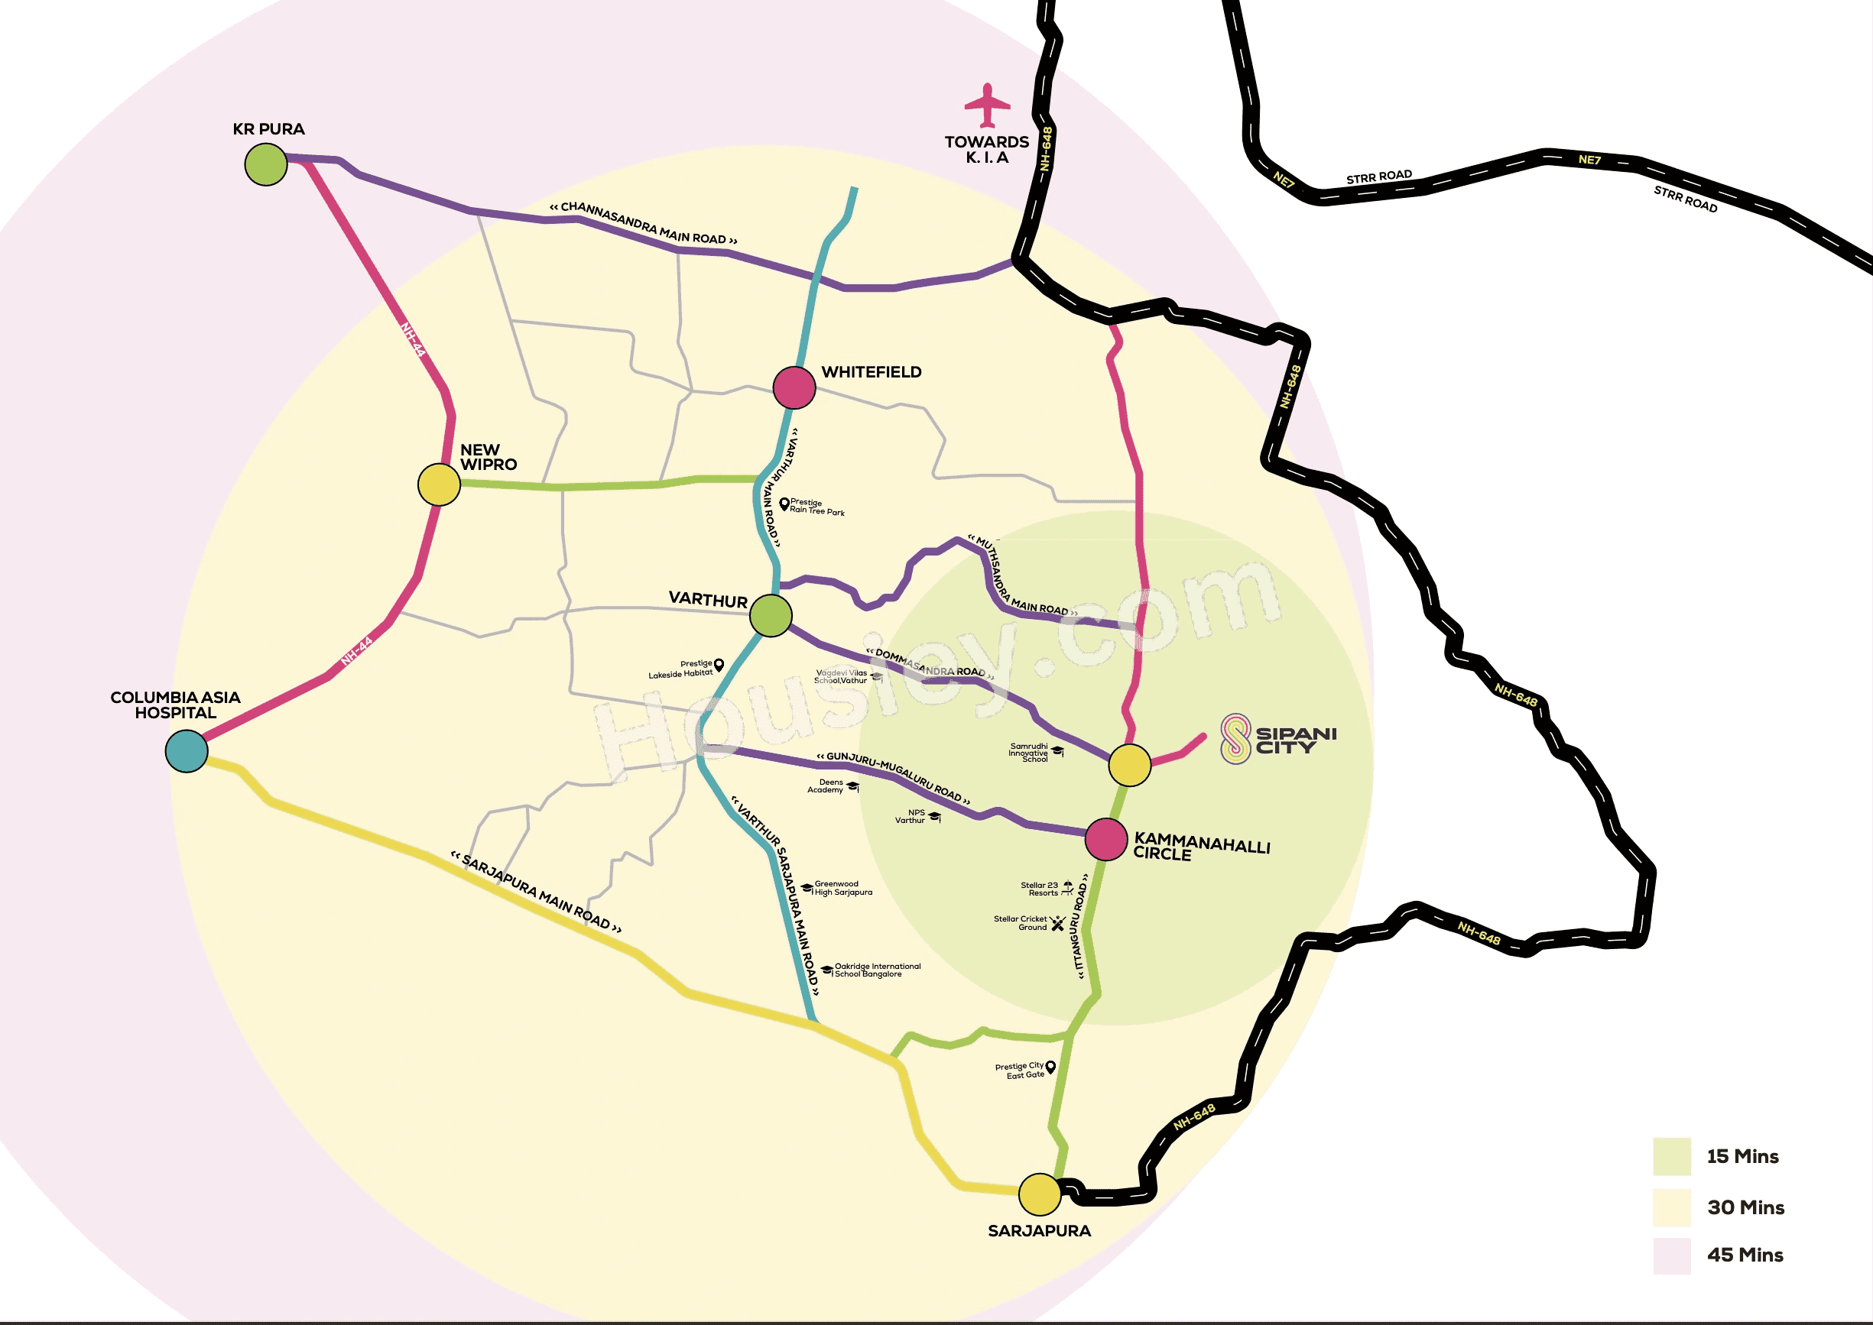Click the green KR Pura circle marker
pos(266,164)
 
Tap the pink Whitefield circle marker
pos(794,387)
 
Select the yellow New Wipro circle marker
pos(439,484)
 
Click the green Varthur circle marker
pos(771,615)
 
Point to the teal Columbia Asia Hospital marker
pos(187,750)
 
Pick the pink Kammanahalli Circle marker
pos(1107,839)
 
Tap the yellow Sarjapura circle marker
pos(1040,1194)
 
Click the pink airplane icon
pos(988,105)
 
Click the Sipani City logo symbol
pos(1235,738)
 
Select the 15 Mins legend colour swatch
pos(1671,1156)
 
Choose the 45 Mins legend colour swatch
pos(1671,1255)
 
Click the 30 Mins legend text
pos(1745,1207)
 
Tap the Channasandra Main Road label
pos(644,222)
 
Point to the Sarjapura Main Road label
pos(536,892)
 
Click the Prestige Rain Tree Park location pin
pos(784,504)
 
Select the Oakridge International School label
pos(878,970)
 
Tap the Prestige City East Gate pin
pos(1050,1067)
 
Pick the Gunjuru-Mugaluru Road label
pos(893,776)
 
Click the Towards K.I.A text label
pos(987,149)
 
